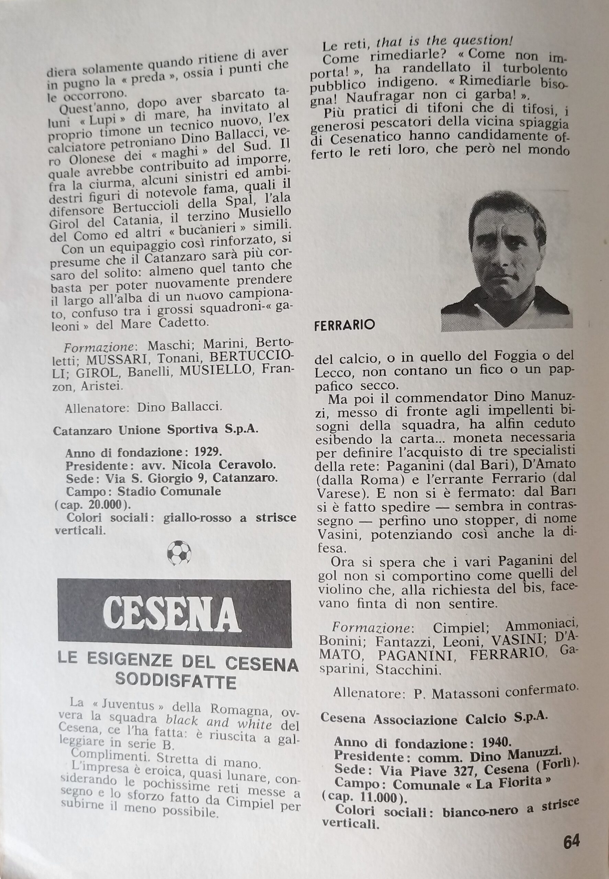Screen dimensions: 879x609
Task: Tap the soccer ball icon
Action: (179, 553)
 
